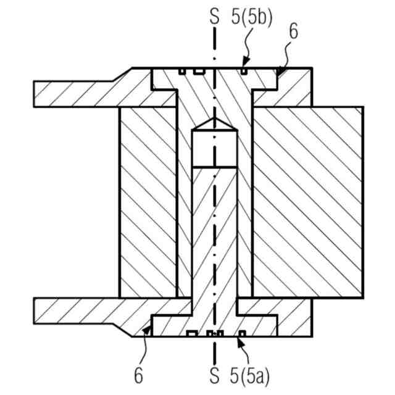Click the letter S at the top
coord(214,17)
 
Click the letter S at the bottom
coord(214,375)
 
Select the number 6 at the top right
coord(293,32)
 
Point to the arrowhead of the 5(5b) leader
coord(245,65)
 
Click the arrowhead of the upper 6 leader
coord(278,75)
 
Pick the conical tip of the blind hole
coord(214,123)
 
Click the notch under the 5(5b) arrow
coord(245,72)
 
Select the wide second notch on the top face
coord(198,72)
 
